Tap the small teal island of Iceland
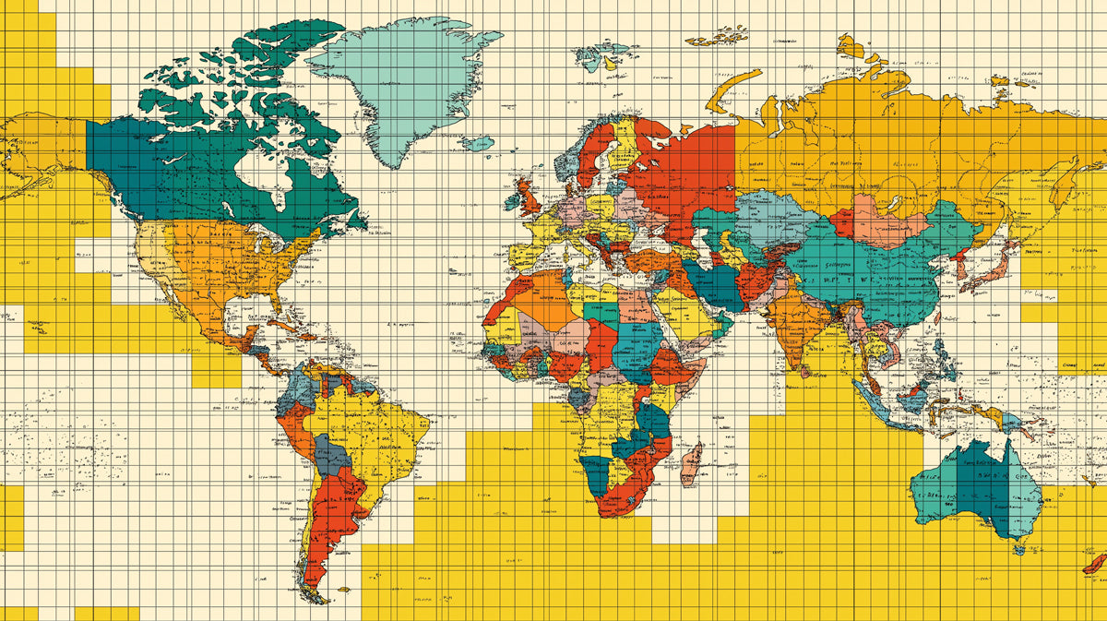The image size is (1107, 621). (x=478, y=143)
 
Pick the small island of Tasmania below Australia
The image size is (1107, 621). (x=1018, y=550)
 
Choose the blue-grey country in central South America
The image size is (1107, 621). (x=331, y=453)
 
